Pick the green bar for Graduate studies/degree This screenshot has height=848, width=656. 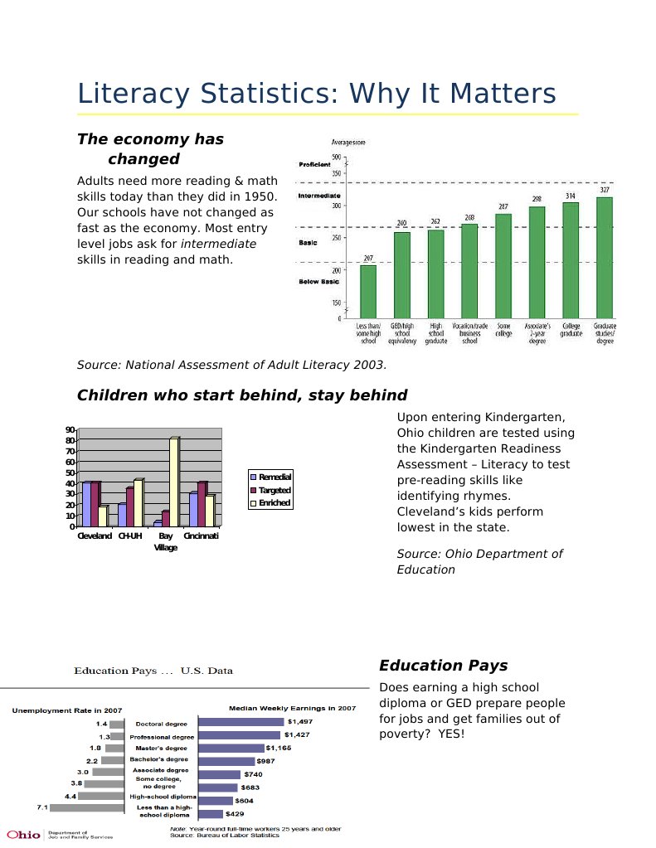[x=605, y=257]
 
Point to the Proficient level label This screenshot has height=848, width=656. [x=314, y=165]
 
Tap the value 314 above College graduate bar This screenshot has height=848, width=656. [x=571, y=196]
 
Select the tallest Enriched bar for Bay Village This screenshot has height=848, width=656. [x=173, y=481]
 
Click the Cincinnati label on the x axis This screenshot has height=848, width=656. [x=202, y=536]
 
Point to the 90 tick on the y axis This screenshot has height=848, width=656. [x=70, y=429]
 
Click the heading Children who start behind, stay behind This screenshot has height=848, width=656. [x=242, y=395]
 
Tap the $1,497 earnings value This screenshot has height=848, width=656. [x=300, y=722]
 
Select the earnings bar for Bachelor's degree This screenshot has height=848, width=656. [x=226, y=761]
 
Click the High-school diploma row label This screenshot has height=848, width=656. [x=162, y=796]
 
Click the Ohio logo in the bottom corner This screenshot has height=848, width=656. [x=23, y=834]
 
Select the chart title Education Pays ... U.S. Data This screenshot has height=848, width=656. [x=153, y=671]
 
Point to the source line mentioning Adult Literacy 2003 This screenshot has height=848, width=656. [x=231, y=365]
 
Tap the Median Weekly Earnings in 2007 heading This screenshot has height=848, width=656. [x=292, y=708]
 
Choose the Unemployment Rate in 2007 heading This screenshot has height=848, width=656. [x=66, y=710]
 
